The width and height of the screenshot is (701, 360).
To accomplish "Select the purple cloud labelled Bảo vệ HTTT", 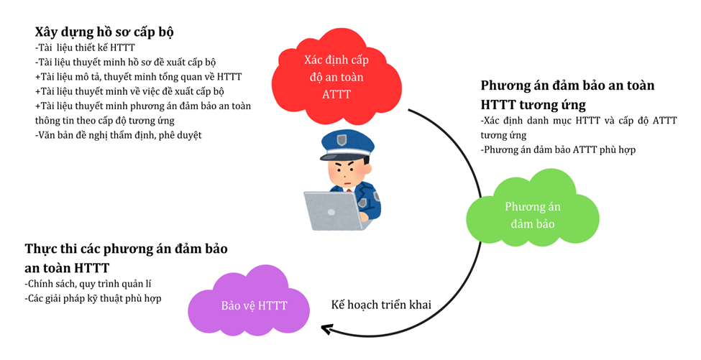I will coord(253,305).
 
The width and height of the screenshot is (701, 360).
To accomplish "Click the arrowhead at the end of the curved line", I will coord(328,329).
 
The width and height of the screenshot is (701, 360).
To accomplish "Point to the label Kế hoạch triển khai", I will coord(381,305).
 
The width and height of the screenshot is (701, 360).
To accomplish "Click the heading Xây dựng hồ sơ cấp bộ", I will coord(104,32).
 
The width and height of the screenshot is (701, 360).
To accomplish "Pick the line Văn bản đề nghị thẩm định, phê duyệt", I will coord(119,134).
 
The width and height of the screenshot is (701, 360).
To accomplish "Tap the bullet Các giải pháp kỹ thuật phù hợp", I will coord(93,298).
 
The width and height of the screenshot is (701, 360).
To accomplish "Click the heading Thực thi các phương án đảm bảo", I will coord(126,249).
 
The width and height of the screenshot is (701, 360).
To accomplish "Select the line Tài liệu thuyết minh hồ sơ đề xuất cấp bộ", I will coord(125,63).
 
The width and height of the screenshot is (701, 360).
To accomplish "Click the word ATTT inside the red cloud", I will coord(336,93).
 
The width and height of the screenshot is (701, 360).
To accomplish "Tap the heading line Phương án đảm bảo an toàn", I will coord(567,86).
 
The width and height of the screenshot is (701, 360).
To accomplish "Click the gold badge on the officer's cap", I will coord(348,139).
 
